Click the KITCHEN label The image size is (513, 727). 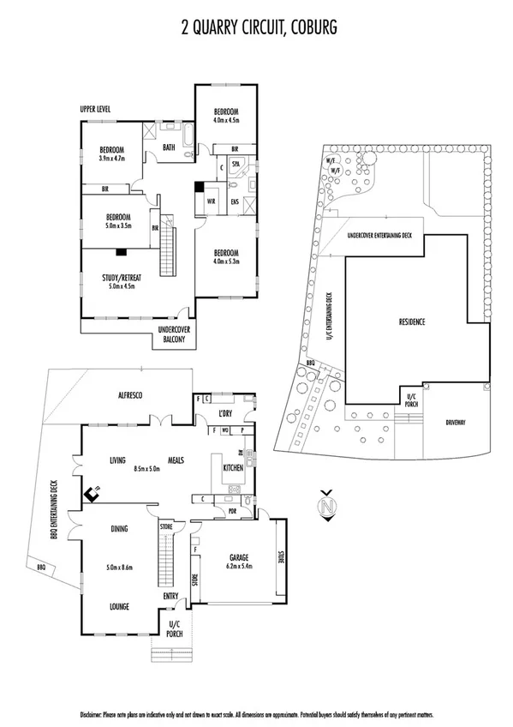coord(233,468)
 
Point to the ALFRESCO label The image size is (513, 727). coord(129,395)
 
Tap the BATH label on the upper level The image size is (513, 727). coord(168,147)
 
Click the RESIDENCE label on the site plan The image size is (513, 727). coord(412,321)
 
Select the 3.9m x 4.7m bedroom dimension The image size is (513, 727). coord(111,158)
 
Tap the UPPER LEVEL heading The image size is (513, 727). coord(96,110)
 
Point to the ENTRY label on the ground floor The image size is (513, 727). coord(170,597)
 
